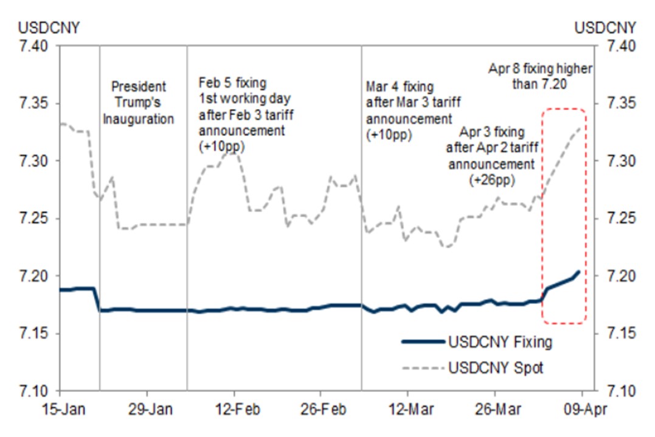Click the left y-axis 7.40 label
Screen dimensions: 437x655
[x=35, y=46]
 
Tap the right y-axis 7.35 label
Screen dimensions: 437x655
[x=618, y=103]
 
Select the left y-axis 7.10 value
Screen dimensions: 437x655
[x=35, y=391]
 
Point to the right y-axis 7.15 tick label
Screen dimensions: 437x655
[x=618, y=334]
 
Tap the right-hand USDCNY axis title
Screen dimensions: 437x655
[x=605, y=28]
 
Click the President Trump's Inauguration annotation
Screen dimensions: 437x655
[x=138, y=103]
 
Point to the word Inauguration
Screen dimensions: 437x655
[x=138, y=119]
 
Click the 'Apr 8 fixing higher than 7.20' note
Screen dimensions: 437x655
[x=539, y=77]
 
